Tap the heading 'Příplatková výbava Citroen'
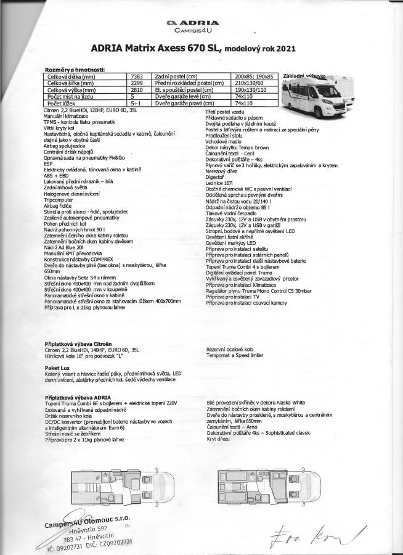(79, 342)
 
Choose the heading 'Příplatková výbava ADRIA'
(78, 397)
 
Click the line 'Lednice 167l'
(221, 184)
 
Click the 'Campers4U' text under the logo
(201, 30)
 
